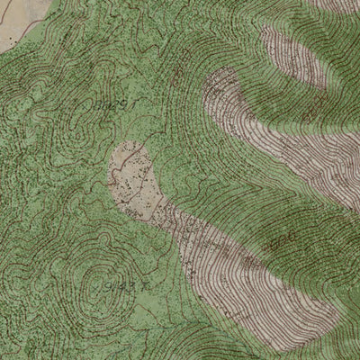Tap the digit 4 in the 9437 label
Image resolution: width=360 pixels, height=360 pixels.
114,287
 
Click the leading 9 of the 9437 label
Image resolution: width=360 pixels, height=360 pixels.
107,288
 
